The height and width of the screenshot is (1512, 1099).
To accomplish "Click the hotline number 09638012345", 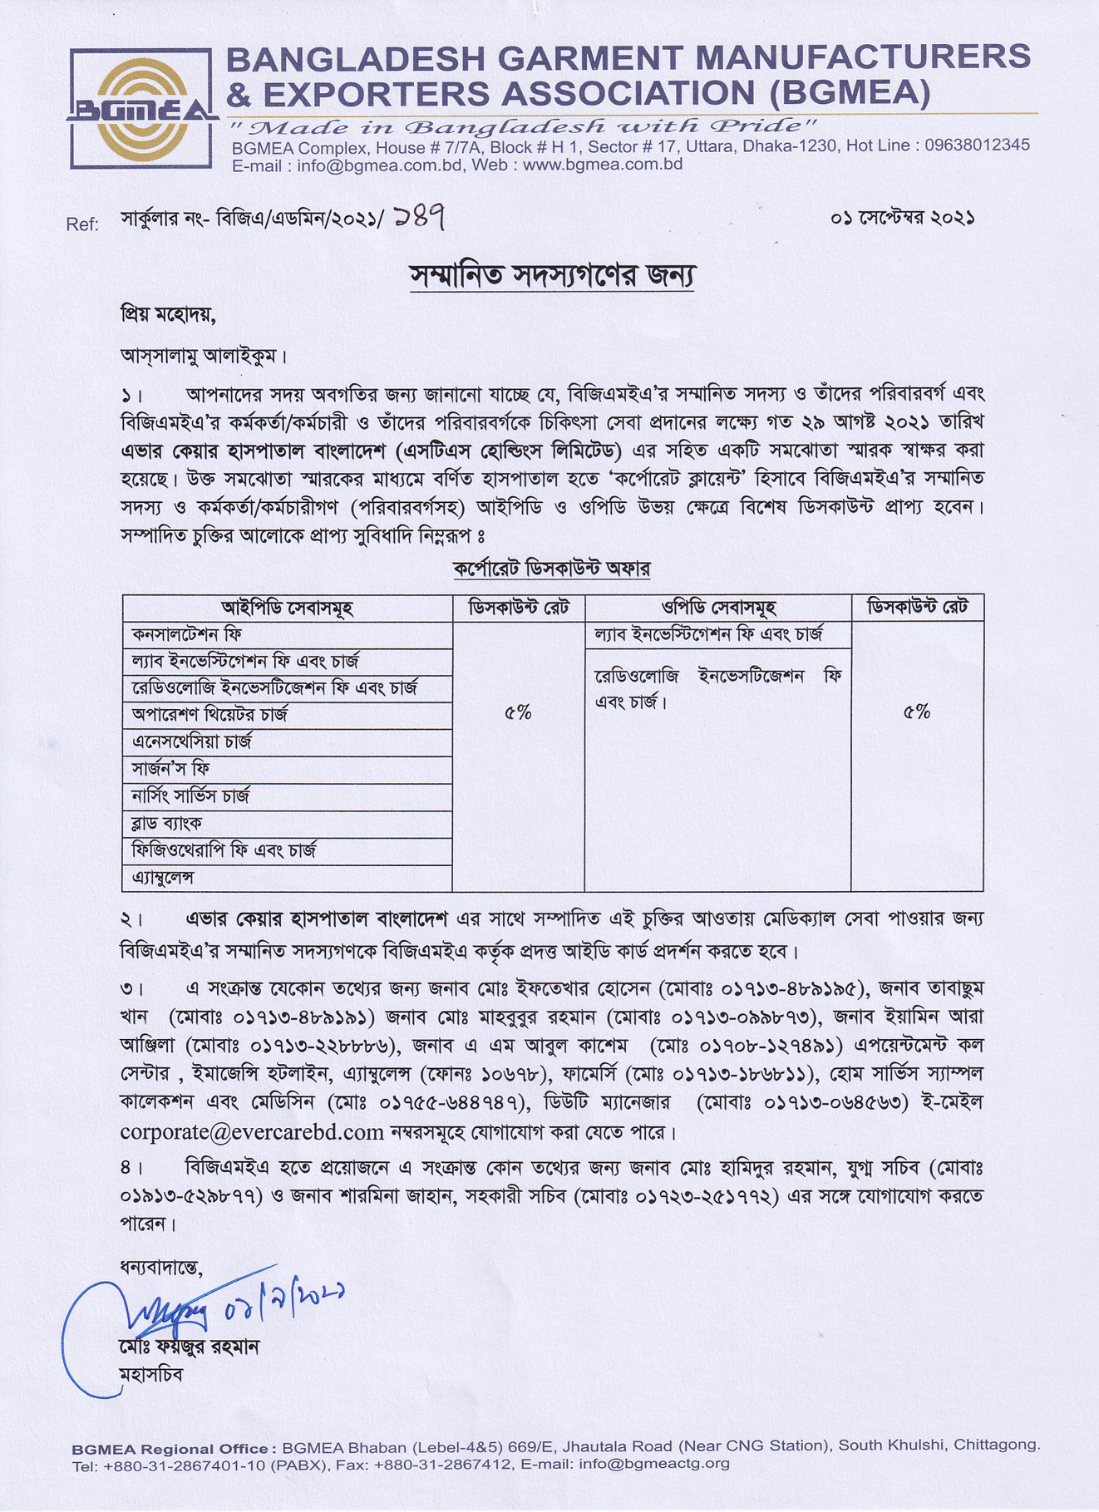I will point(977,145).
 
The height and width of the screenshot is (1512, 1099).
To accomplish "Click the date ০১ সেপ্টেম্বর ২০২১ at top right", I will point(902,218).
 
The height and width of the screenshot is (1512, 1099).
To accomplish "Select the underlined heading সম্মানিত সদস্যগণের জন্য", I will point(552,275).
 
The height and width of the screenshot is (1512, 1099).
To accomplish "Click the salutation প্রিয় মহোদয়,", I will point(169,316).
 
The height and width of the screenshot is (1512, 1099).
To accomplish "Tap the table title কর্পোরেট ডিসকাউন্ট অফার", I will point(552,569).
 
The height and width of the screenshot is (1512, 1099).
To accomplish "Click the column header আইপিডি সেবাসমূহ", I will point(287,608).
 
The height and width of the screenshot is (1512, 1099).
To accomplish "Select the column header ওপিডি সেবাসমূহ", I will point(718,608).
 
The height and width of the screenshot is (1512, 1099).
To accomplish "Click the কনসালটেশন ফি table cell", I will point(187,635).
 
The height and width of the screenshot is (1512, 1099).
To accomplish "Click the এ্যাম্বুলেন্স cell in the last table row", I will point(163,878).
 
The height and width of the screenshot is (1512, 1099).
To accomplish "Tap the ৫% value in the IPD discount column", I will point(518,712).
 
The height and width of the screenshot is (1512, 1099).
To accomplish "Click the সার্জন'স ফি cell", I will point(171,770).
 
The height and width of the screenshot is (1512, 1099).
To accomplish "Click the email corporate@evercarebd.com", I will point(252,1132).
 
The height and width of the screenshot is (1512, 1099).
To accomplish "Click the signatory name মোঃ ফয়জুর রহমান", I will point(190,1347).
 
